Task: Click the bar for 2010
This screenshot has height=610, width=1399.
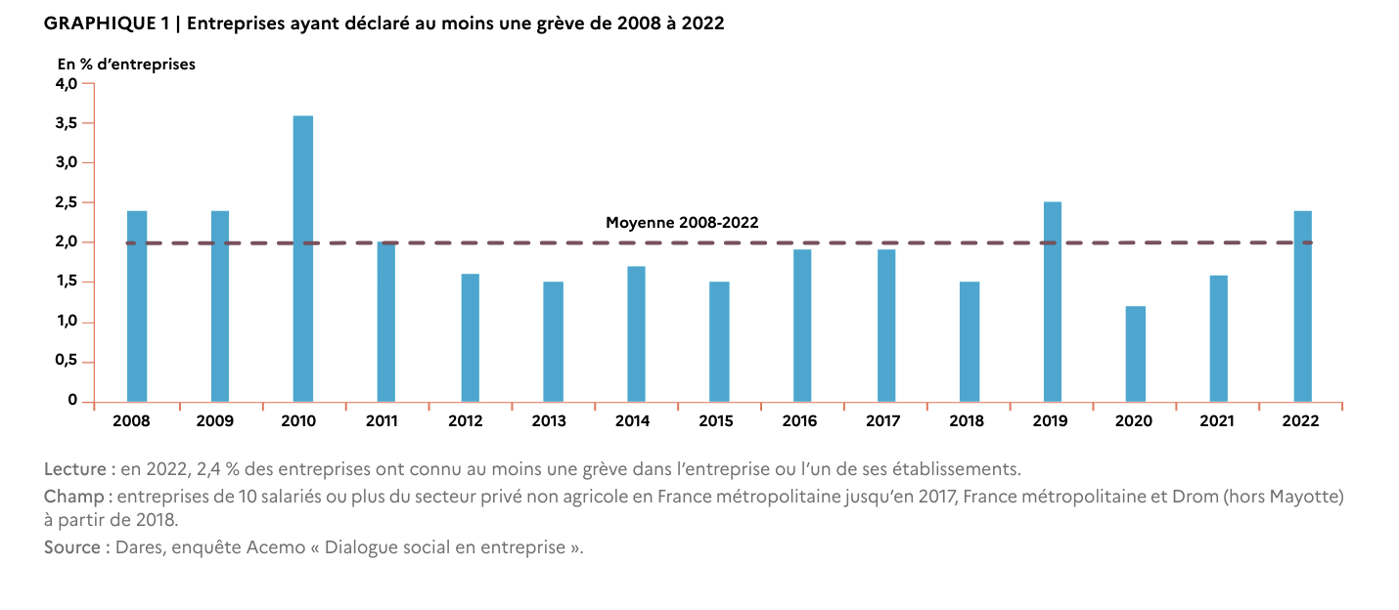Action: pyautogui.click(x=303, y=258)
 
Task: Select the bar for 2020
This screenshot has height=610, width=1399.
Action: pyautogui.click(x=1136, y=354)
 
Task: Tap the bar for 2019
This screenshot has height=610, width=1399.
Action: pyautogui.click(x=1053, y=301)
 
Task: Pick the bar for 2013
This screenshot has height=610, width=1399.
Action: pyautogui.click(x=554, y=341)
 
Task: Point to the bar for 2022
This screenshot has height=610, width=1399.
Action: pyautogui.click(x=1303, y=307)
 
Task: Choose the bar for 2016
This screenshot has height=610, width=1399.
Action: pyautogui.click(x=802, y=326)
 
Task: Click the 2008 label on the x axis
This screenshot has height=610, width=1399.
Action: pyautogui.click(x=131, y=421)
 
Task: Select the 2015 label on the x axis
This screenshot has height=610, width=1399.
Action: pyautogui.click(x=716, y=421)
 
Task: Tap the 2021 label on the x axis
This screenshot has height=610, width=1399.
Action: pyautogui.click(x=1217, y=421)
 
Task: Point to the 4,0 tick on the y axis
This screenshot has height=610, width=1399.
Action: pyautogui.click(x=67, y=84)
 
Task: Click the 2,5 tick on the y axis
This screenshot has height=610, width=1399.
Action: pyautogui.click(x=67, y=202)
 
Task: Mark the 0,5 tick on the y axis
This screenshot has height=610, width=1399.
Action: pyautogui.click(x=67, y=361)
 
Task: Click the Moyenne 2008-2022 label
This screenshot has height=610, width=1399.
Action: pyautogui.click(x=682, y=222)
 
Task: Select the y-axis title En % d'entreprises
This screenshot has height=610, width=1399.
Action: pyautogui.click(x=126, y=65)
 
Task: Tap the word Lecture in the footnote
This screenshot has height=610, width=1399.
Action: pyautogui.click(x=75, y=469)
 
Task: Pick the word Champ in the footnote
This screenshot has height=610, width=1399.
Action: pyautogui.click(x=73, y=497)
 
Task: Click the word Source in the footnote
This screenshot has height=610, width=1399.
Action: pyautogui.click(x=71, y=546)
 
